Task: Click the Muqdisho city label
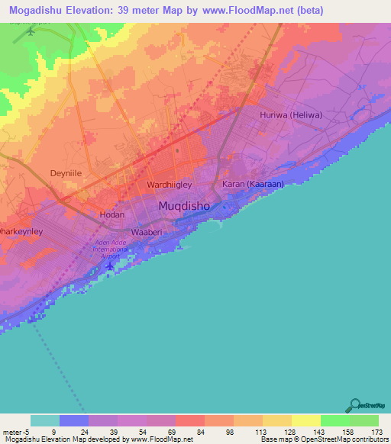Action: tap(189, 206)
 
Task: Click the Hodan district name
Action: tap(112, 214)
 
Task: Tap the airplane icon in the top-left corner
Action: tap(31, 31)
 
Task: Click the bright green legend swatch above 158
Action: tap(334, 420)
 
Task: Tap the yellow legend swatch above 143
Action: tap(305, 420)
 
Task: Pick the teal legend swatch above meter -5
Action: tap(44, 420)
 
